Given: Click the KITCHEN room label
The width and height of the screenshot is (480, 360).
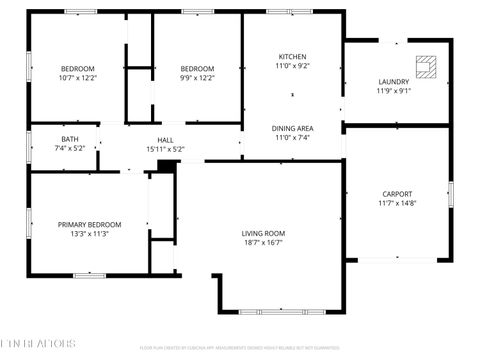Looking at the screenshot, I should click(292, 56).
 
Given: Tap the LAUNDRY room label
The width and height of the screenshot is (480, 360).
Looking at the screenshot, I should click(393, 82).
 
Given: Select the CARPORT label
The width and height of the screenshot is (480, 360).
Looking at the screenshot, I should click(397, 194).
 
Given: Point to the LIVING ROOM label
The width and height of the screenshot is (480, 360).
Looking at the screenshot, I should click(263, 232).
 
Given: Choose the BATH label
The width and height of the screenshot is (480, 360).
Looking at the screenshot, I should click(69, 139).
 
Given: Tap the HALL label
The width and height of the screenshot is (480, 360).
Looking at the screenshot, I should click(166, 140).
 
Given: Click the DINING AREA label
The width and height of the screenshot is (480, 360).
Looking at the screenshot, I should click(292, 128).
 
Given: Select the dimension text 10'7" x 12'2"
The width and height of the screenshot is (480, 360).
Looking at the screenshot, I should click(78, 77).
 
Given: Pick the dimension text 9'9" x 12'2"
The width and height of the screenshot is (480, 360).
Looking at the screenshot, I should click(197, 77).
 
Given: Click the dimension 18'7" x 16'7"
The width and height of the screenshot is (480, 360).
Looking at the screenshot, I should click(263, 241).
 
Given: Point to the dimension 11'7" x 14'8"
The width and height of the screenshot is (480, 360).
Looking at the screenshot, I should click(397, 203).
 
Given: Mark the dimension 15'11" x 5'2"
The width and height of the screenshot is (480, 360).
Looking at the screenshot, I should click(166, 149).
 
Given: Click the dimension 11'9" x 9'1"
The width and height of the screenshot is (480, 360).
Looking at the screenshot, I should click(393, 91).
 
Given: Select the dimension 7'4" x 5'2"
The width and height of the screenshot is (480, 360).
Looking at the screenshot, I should click(69, 148).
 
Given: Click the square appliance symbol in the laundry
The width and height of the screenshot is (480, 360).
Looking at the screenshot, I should click(428, 66).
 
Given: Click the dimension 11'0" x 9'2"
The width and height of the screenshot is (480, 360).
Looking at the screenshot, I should click(292, 65).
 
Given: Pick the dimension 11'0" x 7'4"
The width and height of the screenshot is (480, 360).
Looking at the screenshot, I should click(292, 137).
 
